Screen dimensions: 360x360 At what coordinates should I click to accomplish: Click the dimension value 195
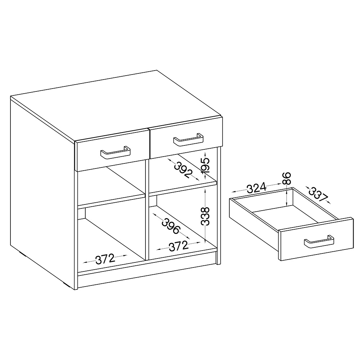click(206, 165)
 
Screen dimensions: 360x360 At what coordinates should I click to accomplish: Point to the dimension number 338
click(205, 216)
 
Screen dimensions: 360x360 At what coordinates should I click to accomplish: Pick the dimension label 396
click(170, 226)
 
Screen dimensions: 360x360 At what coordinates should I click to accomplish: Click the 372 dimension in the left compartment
click(105, 260)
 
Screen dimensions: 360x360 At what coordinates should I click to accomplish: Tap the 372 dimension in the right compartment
click(179, 246)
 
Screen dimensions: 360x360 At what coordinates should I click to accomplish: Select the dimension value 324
click(256, 188)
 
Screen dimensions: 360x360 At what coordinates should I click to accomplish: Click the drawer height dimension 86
click(287, 179)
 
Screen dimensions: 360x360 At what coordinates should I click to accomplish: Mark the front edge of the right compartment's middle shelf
click(183, 188)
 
